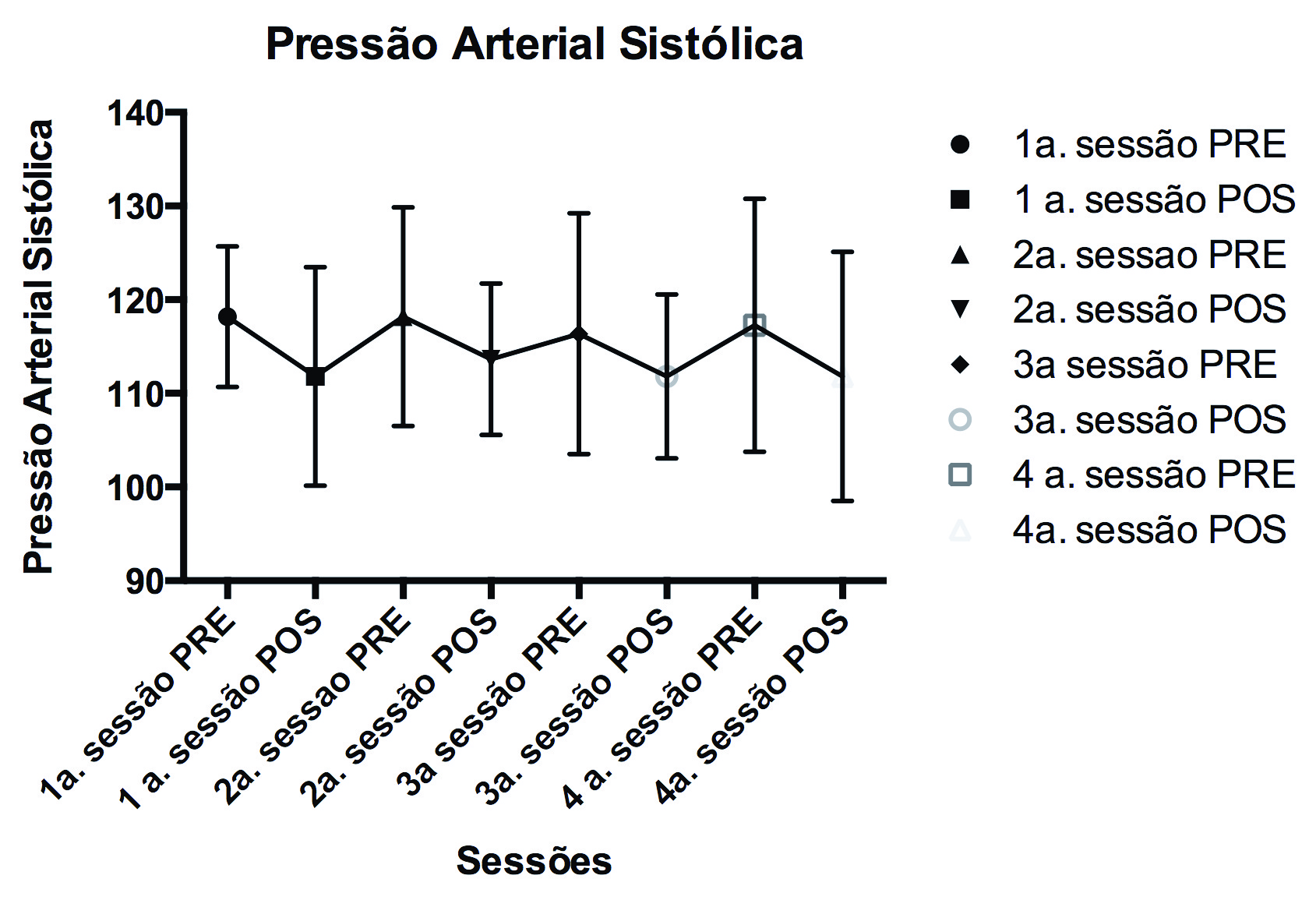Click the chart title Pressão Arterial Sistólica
535,44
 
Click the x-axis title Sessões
534,861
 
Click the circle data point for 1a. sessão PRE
228,316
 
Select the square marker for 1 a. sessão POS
316,377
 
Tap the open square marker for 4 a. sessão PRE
754,324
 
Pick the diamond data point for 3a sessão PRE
579,335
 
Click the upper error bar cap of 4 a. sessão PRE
754,199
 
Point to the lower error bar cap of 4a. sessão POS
842,500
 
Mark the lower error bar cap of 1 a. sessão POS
316,485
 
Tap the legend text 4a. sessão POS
1149,530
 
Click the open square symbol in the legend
960,475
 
